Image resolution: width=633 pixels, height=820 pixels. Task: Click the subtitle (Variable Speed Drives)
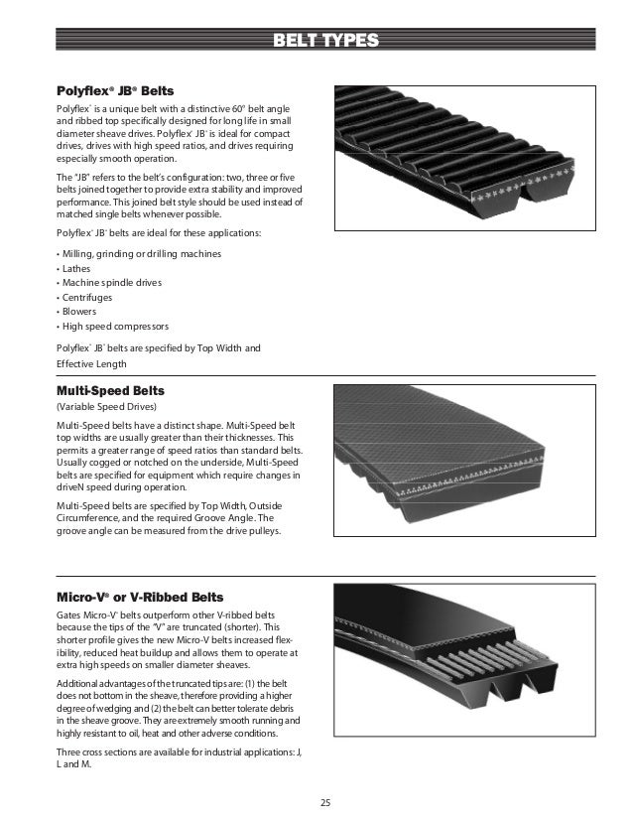(x=104, y=407)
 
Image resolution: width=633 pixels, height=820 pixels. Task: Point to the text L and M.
(x=70, y=763)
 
